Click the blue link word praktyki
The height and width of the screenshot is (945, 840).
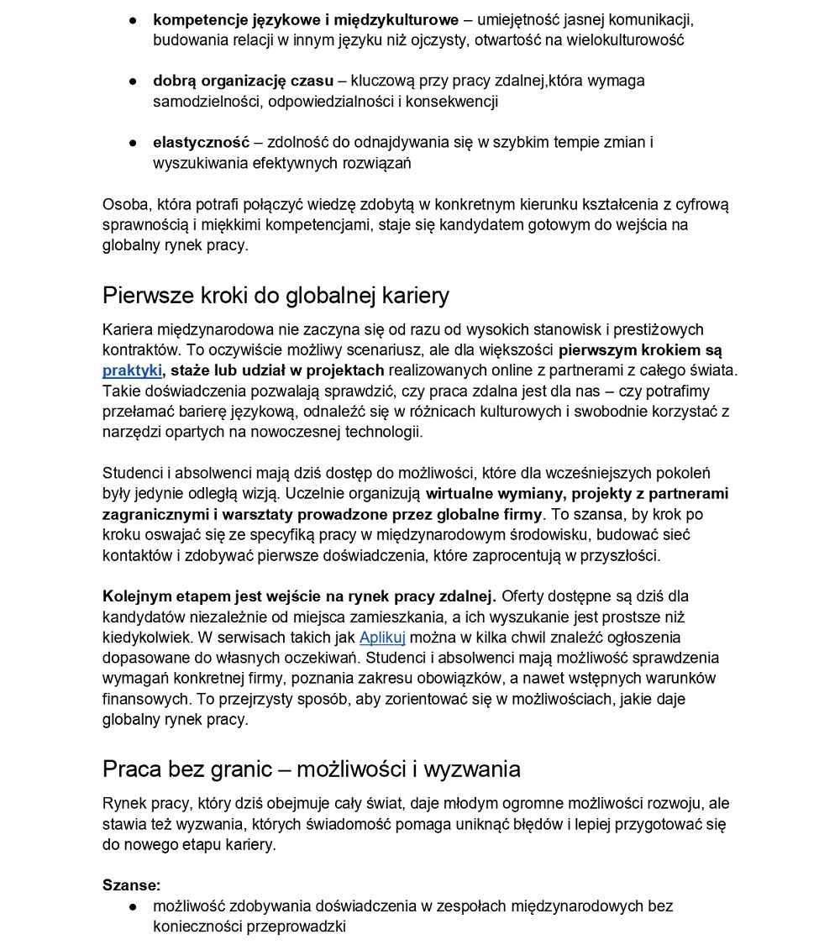point(132,370)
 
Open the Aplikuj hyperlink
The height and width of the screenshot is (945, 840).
point(382,638)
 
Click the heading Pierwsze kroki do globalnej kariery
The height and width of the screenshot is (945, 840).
point(276,296)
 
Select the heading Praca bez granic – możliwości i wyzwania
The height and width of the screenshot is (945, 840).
point(312,769)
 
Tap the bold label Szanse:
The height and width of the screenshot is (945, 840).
point(131,885)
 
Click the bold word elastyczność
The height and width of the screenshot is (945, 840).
point(202,143)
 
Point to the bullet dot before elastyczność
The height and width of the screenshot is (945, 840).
point(133,143)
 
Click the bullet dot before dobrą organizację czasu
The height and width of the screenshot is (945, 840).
point(133,81)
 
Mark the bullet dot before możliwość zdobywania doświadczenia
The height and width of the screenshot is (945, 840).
point(133,906)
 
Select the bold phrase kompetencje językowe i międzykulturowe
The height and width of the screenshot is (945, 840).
point(306,19)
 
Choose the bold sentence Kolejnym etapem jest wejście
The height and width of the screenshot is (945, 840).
point(299,596)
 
